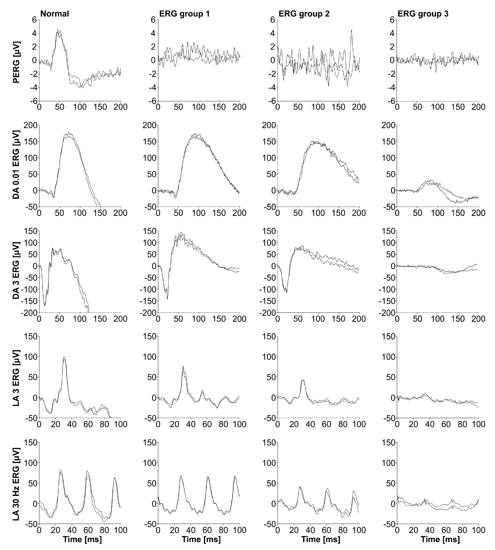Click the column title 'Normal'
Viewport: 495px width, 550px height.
click(55, 14)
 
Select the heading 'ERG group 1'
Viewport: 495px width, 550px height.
click(184, 14)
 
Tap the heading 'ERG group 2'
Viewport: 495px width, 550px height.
click(304, 14)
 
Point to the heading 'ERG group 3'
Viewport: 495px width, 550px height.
click(423, 14)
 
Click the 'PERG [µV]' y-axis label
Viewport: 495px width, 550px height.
click(16, 62)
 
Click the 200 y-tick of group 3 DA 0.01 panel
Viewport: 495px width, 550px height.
click(388, 125)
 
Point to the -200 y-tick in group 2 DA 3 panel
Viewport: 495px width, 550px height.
click(268, 313)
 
